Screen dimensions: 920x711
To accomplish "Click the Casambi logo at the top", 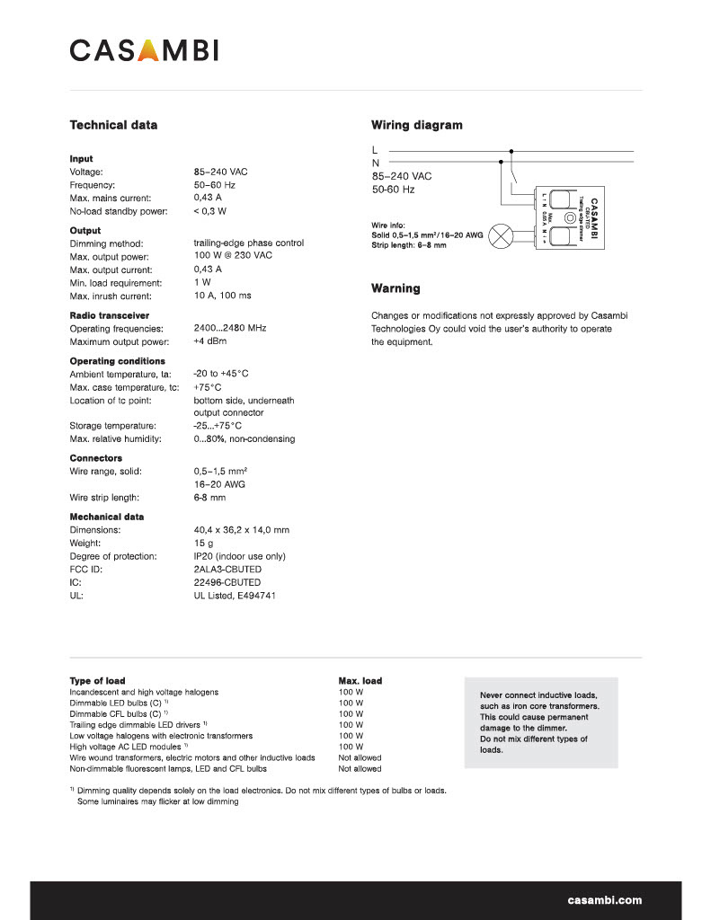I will [x=144, y=50].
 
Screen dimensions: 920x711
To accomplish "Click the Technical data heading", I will [x=113, y=125].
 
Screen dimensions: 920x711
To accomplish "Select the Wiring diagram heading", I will [x=416, y=125].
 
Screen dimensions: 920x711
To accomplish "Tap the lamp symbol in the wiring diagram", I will [x=504, y=240].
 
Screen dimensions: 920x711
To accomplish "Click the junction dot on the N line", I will [x=500, y=163].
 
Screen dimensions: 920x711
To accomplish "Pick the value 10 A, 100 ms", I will [x=222, y=296].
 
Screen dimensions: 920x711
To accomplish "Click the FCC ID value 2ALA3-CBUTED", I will [x=227, y=570].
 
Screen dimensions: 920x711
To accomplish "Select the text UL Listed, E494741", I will [x=234, y=596].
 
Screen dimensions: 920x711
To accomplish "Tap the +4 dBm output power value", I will [x=209, y=341].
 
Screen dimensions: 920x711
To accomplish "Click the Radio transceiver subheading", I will [x=110, y=315].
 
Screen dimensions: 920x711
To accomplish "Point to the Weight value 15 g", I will [x=203, y=544].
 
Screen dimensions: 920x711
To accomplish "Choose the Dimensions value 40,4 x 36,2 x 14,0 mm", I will [x=241, y=530].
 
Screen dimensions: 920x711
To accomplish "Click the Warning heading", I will [x=395, y=288].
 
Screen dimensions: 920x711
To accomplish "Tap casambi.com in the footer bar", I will [x=604, y=899].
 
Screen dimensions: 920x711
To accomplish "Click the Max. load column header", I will [x=360, y=681].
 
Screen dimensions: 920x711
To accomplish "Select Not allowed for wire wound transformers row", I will [x=360, y=757].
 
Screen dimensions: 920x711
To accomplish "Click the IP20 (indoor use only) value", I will [x=239, y=556].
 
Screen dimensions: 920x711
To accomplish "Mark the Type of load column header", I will [x=97, y=681].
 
